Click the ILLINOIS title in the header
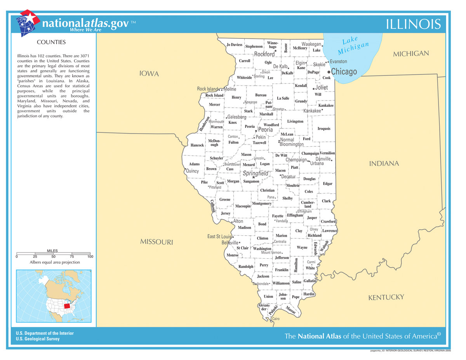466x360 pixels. [414, 24]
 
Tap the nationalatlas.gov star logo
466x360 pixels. [28, 23]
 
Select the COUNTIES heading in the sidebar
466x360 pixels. [51, 42]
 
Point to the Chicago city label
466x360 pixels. [344, 72]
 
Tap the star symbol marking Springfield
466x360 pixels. [254, 177]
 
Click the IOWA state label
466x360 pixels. [150, 74]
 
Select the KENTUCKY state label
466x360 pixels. [386, 297]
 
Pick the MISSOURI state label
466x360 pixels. [156, 242]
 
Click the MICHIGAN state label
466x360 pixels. [411, 54]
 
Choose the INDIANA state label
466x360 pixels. [384, 163]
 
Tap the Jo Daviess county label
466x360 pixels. [235, 45]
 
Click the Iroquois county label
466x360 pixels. [324, 129]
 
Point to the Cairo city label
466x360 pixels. [275, 319]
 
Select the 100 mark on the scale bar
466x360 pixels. [90, 257]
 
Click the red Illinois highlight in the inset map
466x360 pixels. [67, 306]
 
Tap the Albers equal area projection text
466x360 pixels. [55, 262]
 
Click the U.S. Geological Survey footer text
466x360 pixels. [38, 339]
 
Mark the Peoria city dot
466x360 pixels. [256, 131]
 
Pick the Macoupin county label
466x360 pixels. [243, 206]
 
